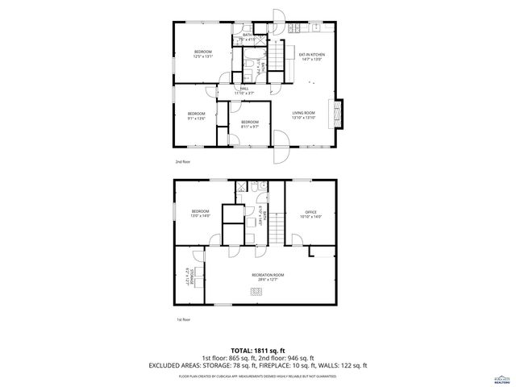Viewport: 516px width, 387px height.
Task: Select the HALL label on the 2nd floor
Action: click(243, 91)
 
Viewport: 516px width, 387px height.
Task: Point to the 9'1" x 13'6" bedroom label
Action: click(197, 115)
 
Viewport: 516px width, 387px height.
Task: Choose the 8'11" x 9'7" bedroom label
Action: click(249, 125)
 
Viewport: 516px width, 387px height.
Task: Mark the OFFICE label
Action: click(310, 214)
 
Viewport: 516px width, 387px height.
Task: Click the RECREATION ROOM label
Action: click(267, 277)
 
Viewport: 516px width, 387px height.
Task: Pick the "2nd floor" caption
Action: click(183, 163)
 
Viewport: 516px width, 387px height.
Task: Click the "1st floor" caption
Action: click(183, 320)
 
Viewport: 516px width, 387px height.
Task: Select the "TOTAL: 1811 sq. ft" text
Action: click(257, 349)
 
